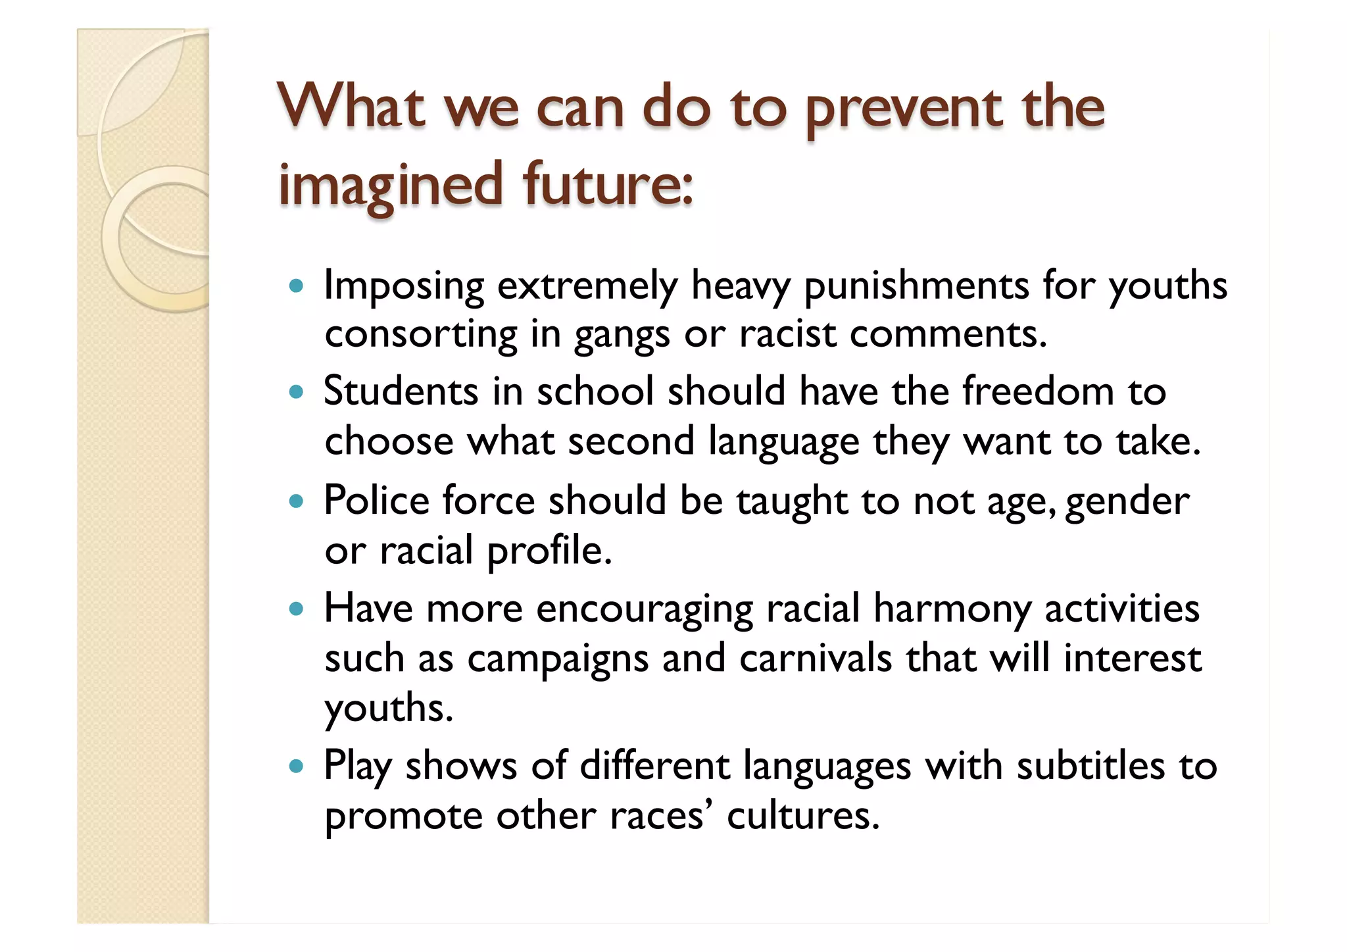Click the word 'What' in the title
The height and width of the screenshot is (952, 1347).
click(351, 107)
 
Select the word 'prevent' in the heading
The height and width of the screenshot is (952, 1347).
click(904, 109)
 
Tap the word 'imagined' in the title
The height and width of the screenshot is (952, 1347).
click(391, 186)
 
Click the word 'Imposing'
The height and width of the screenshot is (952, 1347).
click(404, 287)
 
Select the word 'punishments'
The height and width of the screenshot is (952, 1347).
click(916, 287)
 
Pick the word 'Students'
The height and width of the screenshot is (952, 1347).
click(401, 391)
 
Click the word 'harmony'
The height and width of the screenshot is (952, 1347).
click(952, 609)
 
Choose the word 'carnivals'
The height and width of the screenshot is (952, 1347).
click(816, 658)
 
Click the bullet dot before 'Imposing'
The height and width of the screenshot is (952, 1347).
click(297, 287)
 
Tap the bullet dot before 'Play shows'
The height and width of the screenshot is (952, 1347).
click(297, 766)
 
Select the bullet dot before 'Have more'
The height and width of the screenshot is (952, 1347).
click(297, 609)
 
